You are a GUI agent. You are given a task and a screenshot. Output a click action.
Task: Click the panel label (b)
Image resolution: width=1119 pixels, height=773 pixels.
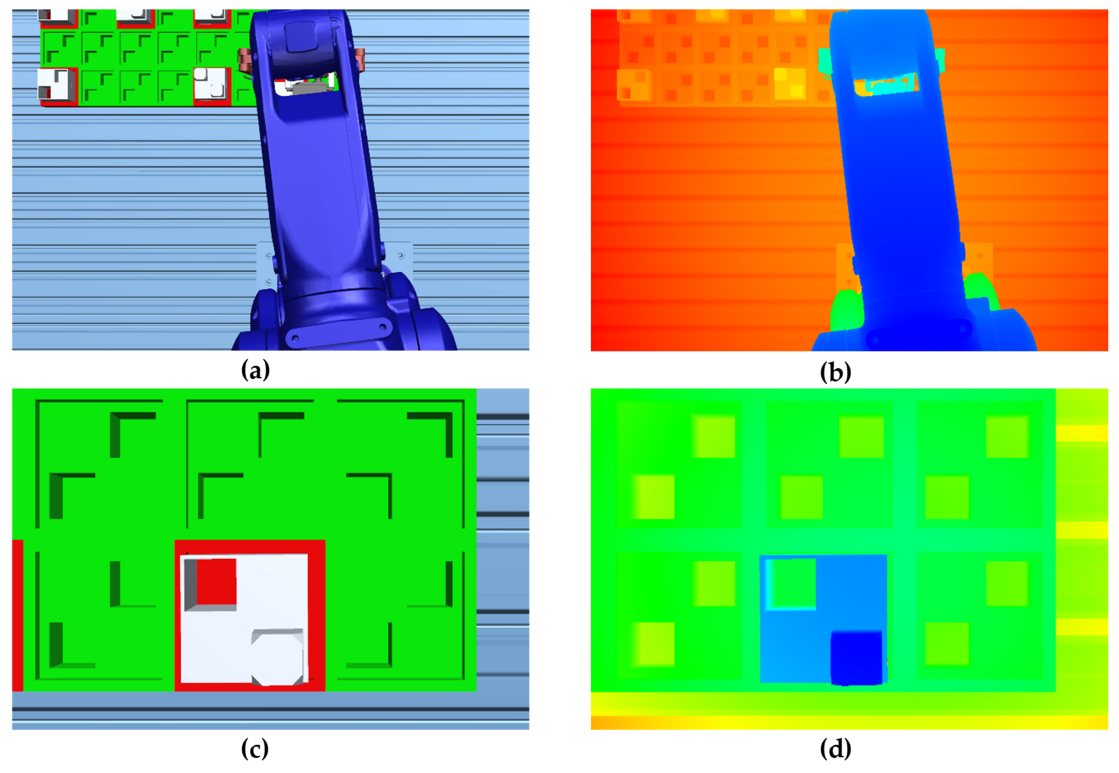tap(835, 372)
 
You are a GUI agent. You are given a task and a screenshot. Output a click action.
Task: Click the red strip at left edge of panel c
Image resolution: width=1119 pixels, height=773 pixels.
tap(18, 615)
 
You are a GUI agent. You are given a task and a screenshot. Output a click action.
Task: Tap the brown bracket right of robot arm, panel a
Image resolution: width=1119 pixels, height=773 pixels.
tap(361, 59)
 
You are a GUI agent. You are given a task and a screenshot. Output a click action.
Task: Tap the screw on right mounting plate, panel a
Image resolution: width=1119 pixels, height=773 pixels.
tap(400, 255)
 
